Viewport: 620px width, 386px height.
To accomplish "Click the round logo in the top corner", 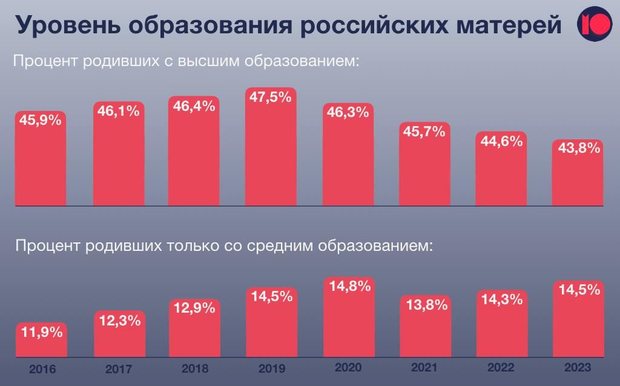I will pyautogui.click(x=594, y=24).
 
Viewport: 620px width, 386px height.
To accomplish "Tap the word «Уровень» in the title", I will pyautogui.click(x=67, y=25).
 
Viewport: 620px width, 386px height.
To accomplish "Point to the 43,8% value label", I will pyautogui.click(x=579, y=148).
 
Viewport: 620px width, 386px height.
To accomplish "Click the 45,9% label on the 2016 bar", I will pyautogui.click(x=41, y=120).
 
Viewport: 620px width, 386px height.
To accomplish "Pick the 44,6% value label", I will pyautogui.click(x=501, y=141).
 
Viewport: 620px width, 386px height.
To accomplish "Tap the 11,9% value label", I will pyautogui.click(x=42, y=331).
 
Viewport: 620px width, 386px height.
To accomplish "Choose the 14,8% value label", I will pyautogui.click(x=349, y=287).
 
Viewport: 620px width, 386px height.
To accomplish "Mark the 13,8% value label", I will pyautogui.click(x=424, y=305).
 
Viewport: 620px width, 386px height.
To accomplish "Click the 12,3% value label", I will pyautogui.click(x=119, y=321).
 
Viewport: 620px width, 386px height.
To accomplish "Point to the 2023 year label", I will pyautogui.click(x=577, y=368).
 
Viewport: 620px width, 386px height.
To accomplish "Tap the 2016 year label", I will pyautogui.click(x=42, y=369).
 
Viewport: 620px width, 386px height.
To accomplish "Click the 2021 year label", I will pyautogui.click(x=424, y=368).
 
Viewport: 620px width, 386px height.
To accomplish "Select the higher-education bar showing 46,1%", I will pyautogui.click(x=119, y=164).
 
